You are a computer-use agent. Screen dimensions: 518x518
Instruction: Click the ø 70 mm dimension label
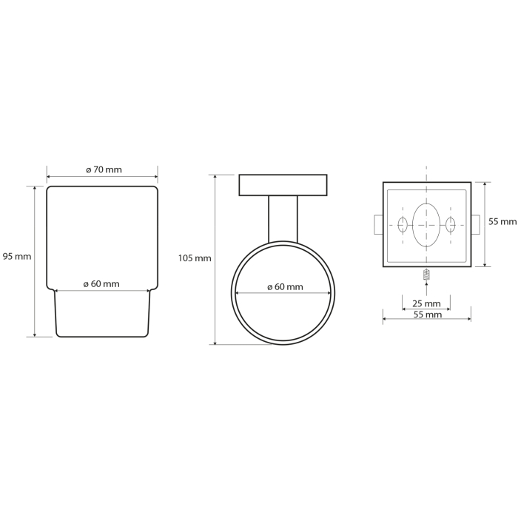(104, 169)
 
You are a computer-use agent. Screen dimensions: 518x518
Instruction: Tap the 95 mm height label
(17, 256)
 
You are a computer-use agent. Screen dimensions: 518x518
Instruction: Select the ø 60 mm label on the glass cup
(101, 284)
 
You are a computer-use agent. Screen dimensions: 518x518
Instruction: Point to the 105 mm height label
(195, 258)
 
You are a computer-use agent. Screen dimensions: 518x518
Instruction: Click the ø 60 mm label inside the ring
(285, 287)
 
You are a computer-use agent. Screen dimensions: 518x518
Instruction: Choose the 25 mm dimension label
(426, 303)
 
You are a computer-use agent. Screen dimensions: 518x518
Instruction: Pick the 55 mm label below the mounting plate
(428, 314)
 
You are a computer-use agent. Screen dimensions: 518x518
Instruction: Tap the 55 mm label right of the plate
(502, 222)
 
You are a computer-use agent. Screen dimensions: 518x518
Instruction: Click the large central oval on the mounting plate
(426, 225)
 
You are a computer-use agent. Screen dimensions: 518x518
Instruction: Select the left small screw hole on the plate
(403, 225)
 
